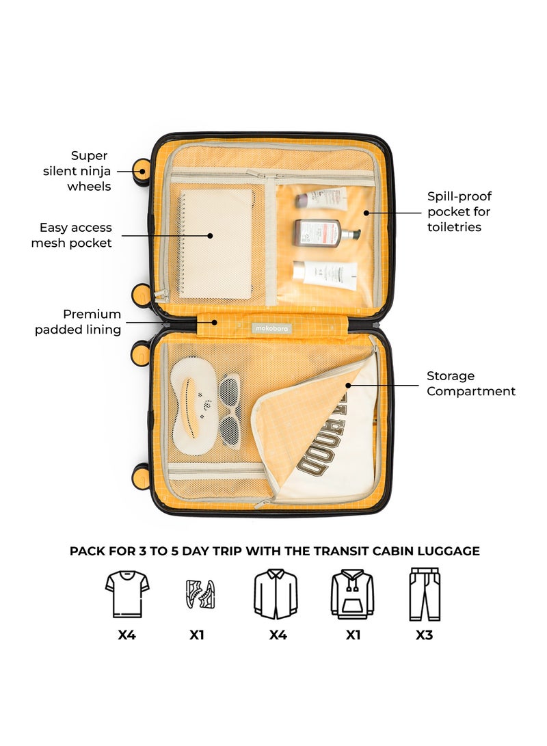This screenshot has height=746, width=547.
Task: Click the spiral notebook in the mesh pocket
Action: (216, 243)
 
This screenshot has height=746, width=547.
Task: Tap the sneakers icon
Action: (200, 594)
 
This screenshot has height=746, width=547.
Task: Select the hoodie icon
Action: (352, 594)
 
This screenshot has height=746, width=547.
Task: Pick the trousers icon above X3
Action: (424, 594)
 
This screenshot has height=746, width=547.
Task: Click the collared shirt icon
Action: (276, 594)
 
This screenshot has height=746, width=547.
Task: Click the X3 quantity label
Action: (424, 635)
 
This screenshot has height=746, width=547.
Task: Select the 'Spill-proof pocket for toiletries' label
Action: (459, 211)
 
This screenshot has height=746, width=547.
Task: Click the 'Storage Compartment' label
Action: (471, 384)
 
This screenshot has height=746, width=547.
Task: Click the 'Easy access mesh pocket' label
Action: (71, 235)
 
